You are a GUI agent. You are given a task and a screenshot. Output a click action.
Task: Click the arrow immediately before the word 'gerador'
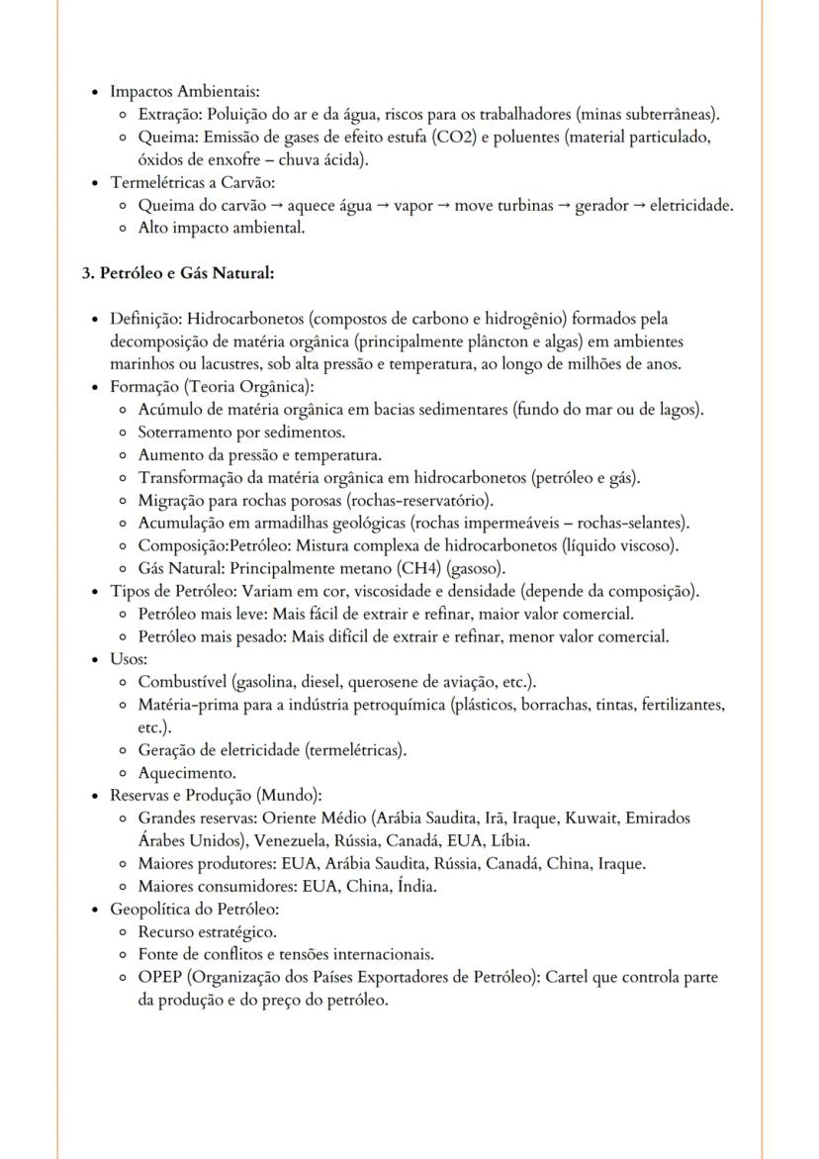pos(564,205)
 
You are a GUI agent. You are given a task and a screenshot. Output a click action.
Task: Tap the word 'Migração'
pos(170,501)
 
